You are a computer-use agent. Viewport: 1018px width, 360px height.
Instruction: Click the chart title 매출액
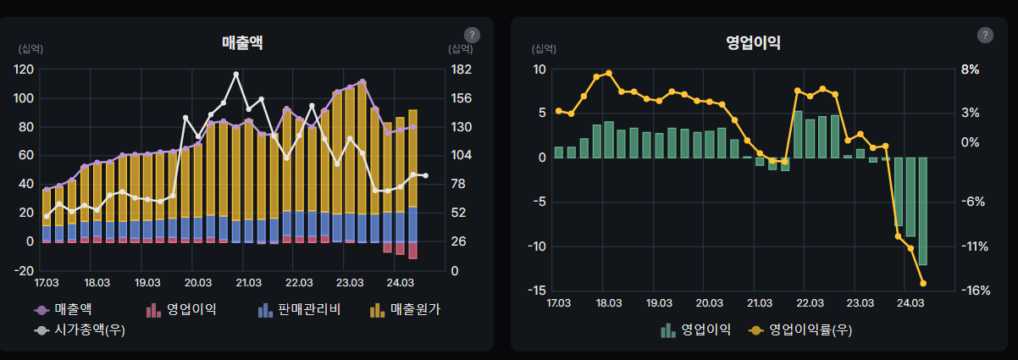click(242, 42)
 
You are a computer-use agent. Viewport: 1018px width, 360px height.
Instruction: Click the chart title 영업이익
click(753, 42)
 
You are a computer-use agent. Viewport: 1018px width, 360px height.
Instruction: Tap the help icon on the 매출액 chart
click(473, 35)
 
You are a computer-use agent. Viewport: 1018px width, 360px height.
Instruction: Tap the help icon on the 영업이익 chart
click(985, 35)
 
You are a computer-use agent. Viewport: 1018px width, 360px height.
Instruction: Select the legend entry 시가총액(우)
click(81, 330)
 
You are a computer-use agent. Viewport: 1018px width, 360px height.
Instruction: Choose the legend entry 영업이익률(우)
click(800, 330)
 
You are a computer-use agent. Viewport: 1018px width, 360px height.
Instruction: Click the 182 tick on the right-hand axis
click(460, 69)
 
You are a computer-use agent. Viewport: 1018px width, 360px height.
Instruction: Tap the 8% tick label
click(970, 69)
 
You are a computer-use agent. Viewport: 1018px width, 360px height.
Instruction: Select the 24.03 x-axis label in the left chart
click(400, 282)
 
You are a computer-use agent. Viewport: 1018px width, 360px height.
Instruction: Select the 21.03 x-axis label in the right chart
click(760, 302)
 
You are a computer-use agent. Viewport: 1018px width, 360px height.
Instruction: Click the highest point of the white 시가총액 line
click(235, 75)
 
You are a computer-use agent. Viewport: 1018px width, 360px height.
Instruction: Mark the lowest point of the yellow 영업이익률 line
click(923, 284)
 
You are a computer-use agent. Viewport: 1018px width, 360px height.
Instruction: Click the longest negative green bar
click(923, 211)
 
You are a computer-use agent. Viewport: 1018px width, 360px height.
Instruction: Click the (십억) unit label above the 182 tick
click(460, 49)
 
